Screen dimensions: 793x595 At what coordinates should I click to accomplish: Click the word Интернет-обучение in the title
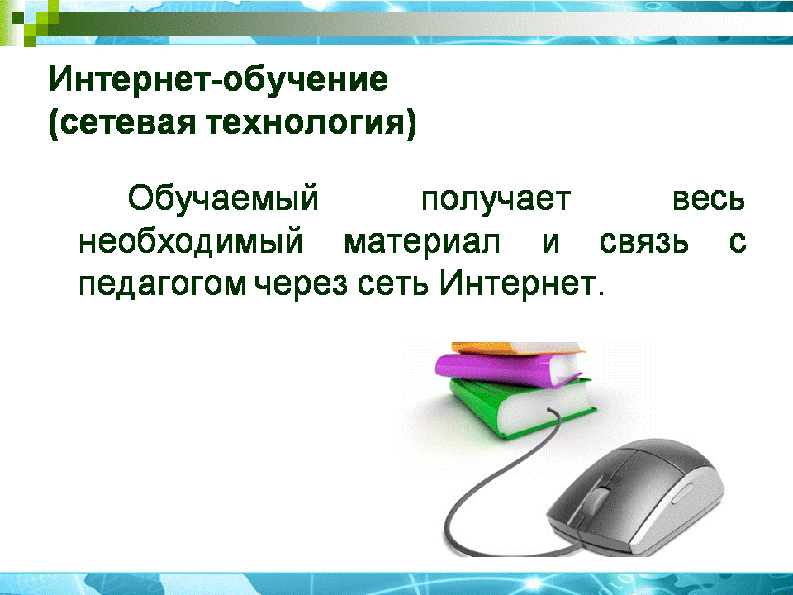coord(218,79)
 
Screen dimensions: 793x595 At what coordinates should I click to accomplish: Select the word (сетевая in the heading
coord(122,124)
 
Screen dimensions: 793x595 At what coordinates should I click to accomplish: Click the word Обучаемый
coord(223,199)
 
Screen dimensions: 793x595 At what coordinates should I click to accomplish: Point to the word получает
coord(496,200)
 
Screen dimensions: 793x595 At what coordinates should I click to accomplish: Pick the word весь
coord(709,200)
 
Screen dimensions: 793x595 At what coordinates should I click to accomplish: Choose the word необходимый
coord(191,242)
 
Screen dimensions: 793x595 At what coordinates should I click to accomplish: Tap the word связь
coord(643,243)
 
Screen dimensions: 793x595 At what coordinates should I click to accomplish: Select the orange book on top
coord(515,349)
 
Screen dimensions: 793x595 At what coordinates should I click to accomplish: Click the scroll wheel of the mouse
coord(599,499)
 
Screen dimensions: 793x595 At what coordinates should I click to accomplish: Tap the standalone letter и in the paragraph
coord(551,243)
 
